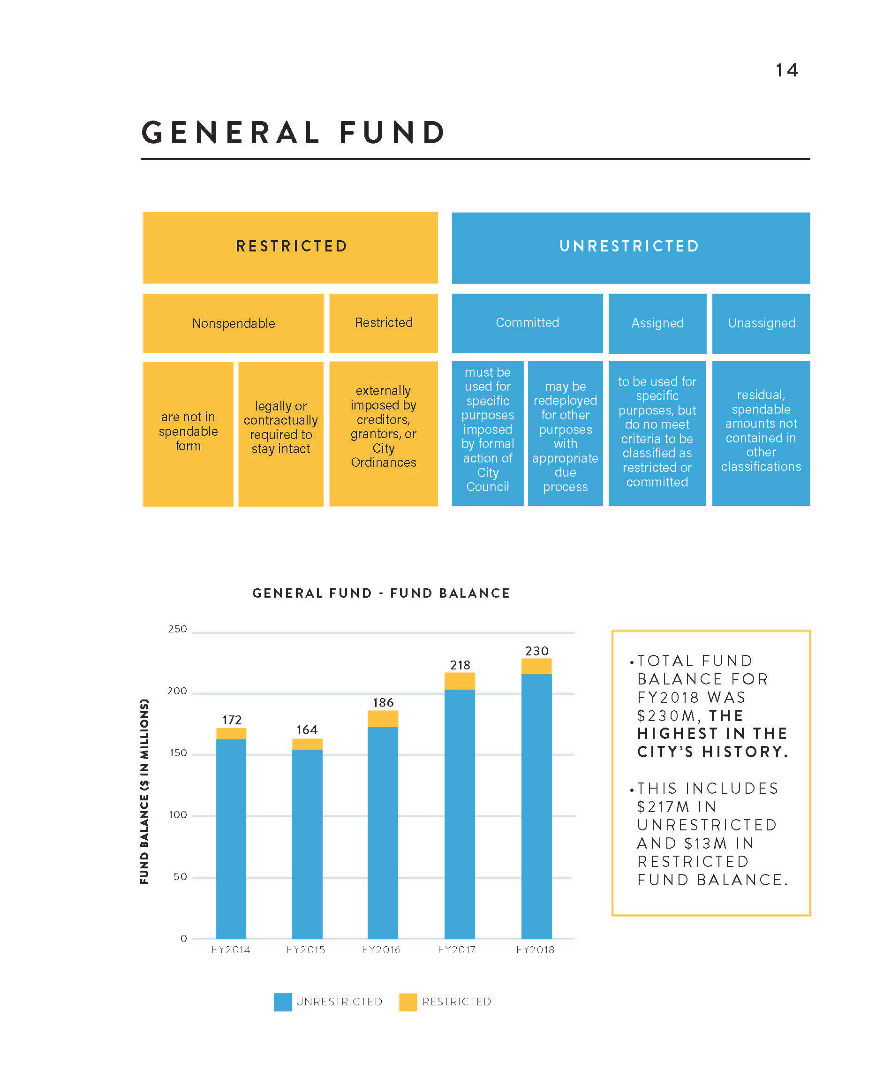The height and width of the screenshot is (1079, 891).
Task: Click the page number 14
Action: click(786, 70)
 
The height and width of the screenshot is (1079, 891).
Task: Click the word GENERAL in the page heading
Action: click(230, 132)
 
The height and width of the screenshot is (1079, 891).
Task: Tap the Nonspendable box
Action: click(233, 323)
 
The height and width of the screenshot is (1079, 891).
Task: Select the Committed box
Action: click(527, 323)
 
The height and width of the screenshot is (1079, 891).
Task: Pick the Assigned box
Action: click(657, 323)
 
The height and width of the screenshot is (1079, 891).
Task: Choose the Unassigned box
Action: click(761, 323)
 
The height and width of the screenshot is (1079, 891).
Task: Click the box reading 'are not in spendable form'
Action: click(188, 434)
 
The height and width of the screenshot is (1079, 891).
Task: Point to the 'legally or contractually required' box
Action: click(281, 434)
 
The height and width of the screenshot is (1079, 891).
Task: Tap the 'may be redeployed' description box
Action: click(565, 434)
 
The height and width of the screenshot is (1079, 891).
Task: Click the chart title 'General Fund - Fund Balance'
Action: click(381, 593)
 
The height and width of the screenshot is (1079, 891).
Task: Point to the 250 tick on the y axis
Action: click(178, 629)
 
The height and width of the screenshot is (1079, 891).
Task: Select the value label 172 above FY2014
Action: click(232, 720)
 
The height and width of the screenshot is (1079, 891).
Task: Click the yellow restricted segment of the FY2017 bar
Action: click(460, 681)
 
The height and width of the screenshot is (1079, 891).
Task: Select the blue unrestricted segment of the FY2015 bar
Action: click(307, 842)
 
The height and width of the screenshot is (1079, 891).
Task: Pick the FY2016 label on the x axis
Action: click(381, 950)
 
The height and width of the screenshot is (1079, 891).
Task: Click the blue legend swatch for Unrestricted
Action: click(283, 1002)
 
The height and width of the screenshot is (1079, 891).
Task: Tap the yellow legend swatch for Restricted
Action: click(408, 1002)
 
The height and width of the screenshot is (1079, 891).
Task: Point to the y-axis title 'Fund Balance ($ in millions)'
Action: click(145, 791)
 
